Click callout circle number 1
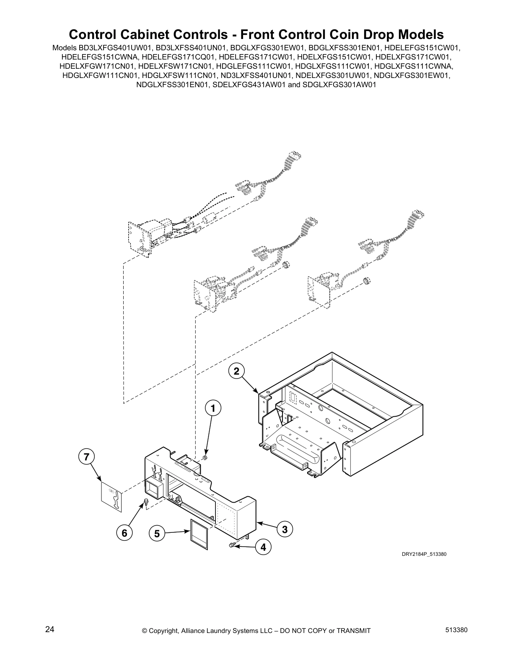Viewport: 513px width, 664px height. pos(212,408)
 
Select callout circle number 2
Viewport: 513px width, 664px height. pos(236,371)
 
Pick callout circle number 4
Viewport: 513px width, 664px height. pos(263,547)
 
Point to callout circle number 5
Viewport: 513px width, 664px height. pos(157,534)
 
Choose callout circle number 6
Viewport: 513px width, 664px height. pos(124,533)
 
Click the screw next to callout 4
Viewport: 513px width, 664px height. pos(231,545)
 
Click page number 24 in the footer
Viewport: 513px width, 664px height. pos(50,630)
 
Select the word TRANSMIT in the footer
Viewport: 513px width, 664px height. pos(350,630)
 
